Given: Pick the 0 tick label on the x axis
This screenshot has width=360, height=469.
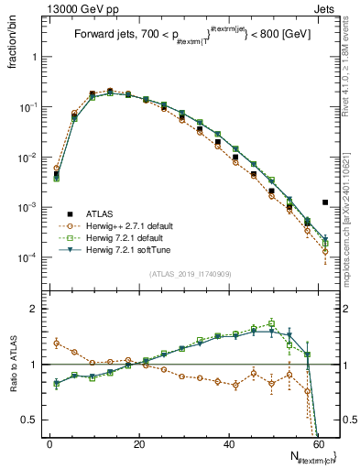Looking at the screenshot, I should click(49, 444).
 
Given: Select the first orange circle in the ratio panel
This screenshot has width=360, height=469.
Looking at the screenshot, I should click(57, 344).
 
